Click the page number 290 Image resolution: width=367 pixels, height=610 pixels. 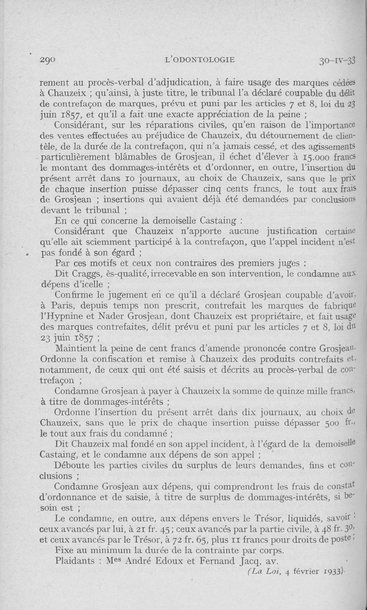(48, 60)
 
